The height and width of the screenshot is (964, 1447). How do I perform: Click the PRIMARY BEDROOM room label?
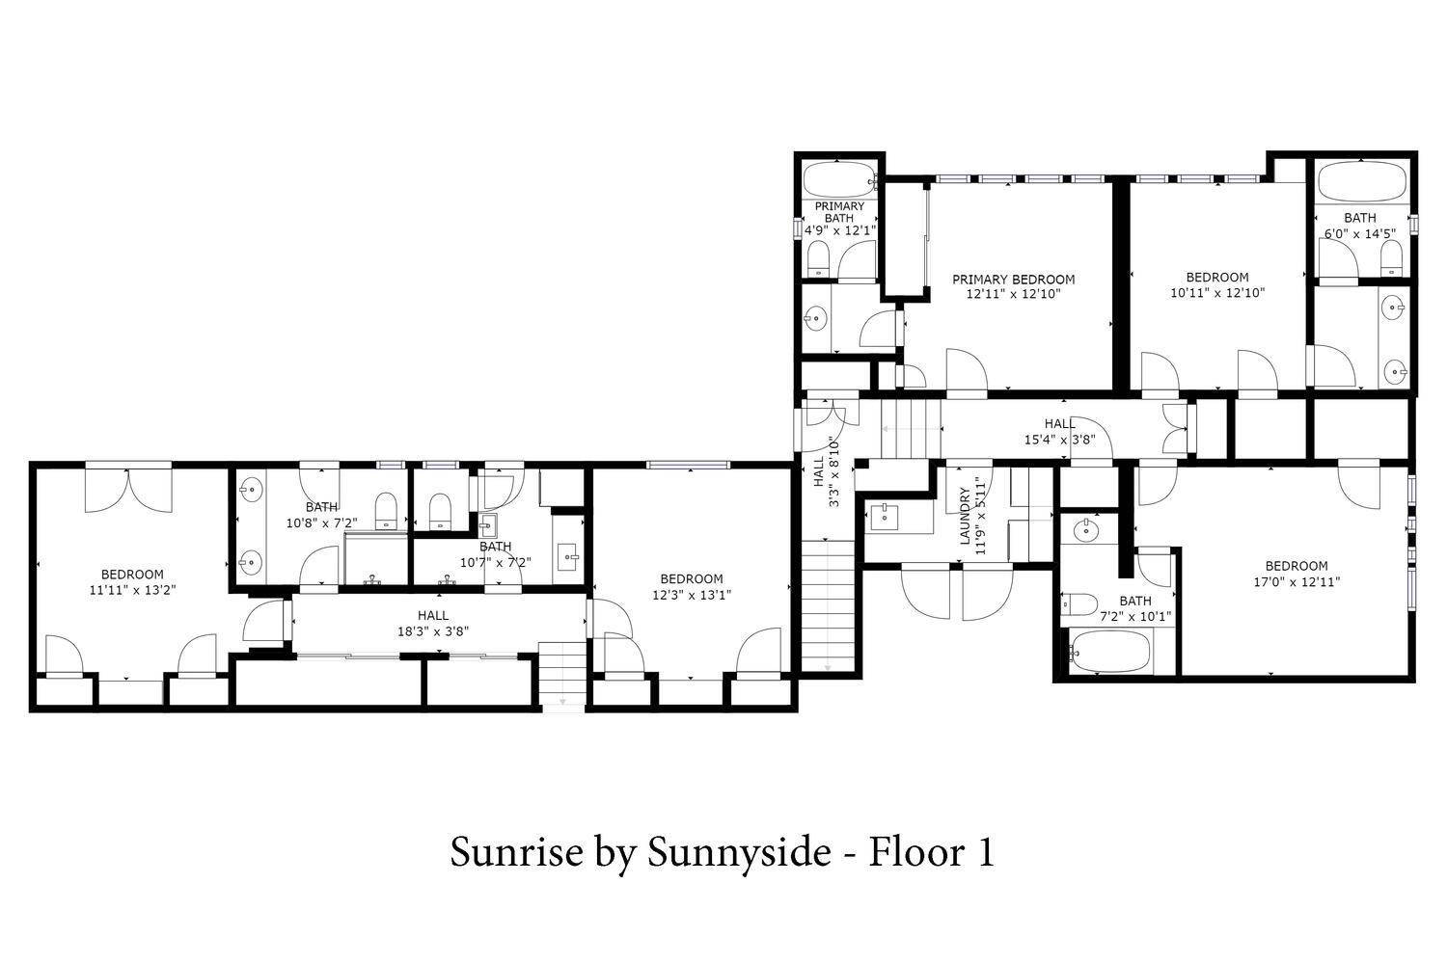1013,280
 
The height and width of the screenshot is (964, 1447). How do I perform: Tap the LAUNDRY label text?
965,516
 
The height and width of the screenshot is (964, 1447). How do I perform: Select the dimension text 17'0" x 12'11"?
1297,581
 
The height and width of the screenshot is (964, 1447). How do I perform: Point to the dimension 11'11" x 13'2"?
132,590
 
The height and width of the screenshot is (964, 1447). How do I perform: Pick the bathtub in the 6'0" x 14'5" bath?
1362,181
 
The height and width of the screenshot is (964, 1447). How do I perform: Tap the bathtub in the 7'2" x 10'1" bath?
1109,651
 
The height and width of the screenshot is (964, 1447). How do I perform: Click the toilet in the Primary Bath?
819,259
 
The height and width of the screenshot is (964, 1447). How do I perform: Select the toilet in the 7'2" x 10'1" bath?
1078,604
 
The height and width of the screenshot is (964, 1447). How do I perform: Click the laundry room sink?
884,518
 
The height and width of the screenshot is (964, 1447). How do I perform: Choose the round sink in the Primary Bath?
816,318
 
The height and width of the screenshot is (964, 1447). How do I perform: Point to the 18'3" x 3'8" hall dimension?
433,631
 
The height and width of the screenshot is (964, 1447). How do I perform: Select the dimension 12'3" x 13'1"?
692,594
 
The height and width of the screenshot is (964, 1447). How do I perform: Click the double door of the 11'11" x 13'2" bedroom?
128,490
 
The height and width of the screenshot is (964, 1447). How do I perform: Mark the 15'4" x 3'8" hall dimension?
1060,440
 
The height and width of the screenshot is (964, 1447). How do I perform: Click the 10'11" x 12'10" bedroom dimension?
1217,292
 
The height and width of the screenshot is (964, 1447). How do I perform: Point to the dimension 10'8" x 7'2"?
321,522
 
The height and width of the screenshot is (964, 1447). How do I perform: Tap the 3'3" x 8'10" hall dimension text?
834,471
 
